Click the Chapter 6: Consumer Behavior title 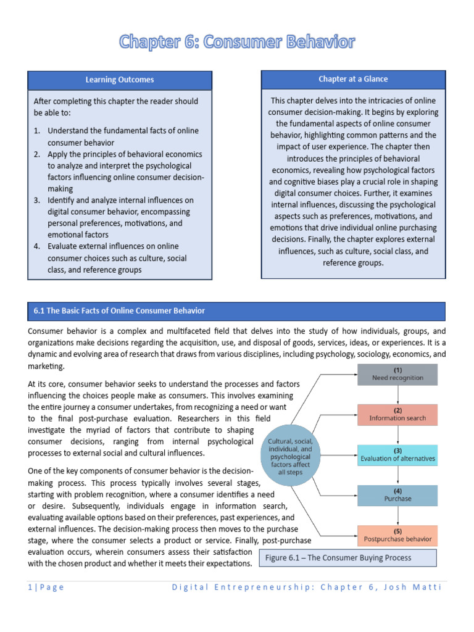coord(237,43)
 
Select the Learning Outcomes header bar coord(120,80)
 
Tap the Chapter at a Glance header coord(353,78)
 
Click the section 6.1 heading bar coord(236,310)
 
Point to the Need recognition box coord(397,373)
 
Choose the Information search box coord(397,414)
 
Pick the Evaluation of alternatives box coord(397,455)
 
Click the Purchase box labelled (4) coord(397,495)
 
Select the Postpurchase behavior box coord(397,534)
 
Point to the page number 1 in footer coord(30,587)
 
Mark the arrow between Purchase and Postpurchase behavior coord(397,515)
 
